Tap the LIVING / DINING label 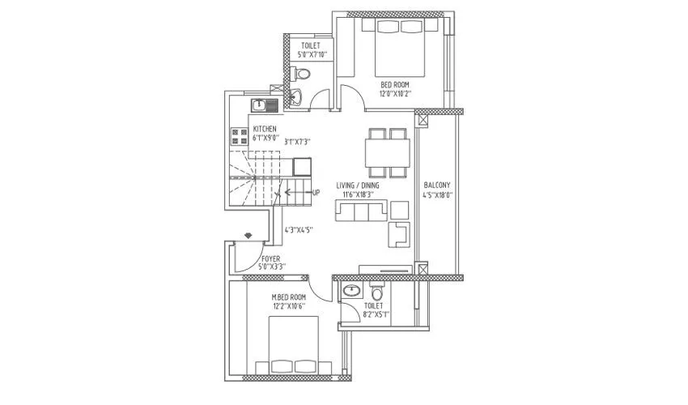tap(358, 185)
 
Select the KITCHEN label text tap(265, 130)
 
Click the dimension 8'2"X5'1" tap(376, 314)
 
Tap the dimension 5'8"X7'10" tap(311, 55)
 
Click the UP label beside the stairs tap(316, 193)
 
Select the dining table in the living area tap(386, 152)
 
